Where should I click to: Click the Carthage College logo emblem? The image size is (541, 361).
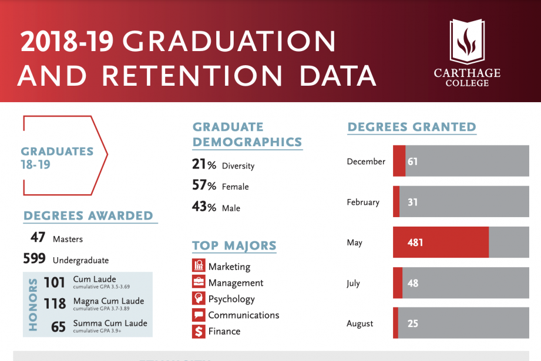click(x=467, y=42)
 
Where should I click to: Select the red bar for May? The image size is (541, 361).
click(x=441, y=242)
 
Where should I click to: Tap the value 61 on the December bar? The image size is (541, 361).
click(x=413, y=161)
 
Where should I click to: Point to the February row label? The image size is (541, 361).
click(x=363, y=203)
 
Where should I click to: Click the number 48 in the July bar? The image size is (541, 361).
click(x=413, y=283)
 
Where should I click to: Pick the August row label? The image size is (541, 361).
click(x=359, y=323)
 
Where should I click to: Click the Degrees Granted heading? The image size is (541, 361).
click(x=411, y=127)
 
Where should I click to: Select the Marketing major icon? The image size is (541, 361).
click(x=199, y=266)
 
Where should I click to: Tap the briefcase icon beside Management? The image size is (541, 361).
click(x=199, y=282)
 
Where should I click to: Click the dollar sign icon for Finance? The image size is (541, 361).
click(x=199, y=331)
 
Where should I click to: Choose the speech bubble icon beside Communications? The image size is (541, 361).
click(x=199, y=315)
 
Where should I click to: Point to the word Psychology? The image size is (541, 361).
click(x=231, y=299)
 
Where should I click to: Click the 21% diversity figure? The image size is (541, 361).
click(x=204, y=165)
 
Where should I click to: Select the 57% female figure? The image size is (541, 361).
click(x=204, y=186)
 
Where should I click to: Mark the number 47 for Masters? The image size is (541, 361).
click(x=38, y=238)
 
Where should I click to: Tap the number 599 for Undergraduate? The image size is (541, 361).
click(x=35, y=259)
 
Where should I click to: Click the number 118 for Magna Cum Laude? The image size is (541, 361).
click(x=55, y=303)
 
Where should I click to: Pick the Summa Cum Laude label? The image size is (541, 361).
click(x=110, y=323)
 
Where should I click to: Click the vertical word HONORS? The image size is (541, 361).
click(x=33, y=304)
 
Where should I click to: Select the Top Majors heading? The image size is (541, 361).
click(x=234, y=245)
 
